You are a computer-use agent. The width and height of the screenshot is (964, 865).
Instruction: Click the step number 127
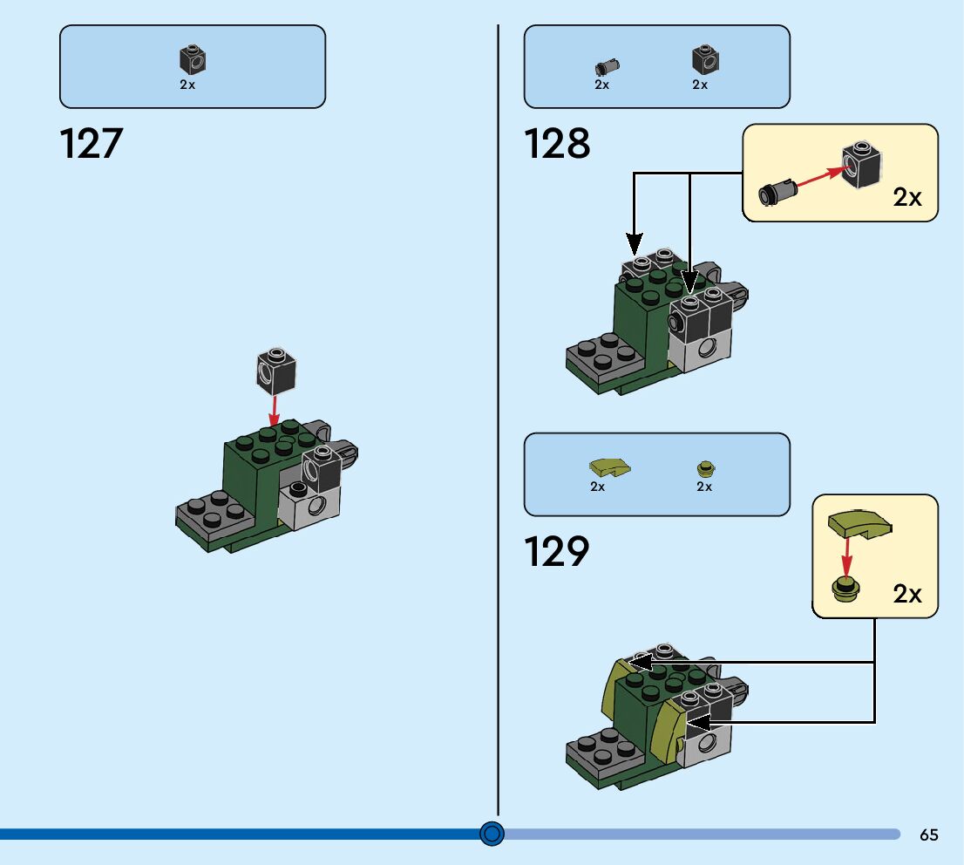(92, 143)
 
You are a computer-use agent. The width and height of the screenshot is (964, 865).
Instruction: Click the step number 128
(557, 143)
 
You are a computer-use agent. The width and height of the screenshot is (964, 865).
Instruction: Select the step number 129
(557, 551)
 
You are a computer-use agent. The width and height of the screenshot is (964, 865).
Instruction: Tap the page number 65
(928, 834)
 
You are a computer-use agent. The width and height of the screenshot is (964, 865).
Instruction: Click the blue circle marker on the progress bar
(492, 834)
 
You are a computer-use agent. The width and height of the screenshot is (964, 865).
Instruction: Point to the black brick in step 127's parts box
(193, 60)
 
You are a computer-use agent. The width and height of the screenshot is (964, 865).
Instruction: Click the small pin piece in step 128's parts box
(606, 66)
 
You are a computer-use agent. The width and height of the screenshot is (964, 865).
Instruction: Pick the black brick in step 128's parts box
(705, 60)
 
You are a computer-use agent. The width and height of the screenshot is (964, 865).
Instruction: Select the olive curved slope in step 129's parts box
(609, 468)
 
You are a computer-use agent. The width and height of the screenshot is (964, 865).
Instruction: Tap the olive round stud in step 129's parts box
(704, 469)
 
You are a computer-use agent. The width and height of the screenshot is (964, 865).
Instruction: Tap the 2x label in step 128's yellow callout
(907, 197)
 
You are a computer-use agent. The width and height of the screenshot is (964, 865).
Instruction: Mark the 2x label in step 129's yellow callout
(907, 594)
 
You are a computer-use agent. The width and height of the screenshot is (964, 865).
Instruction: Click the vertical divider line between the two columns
(498, 419)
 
